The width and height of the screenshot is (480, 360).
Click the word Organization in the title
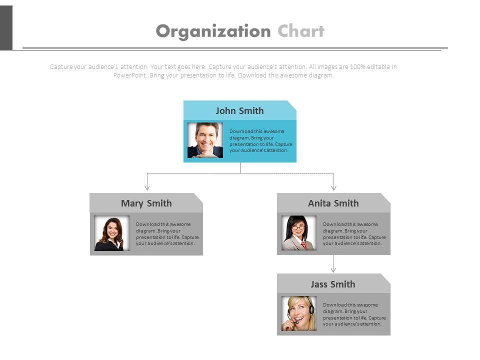213,31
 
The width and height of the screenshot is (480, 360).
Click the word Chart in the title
301,31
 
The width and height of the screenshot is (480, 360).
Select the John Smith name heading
239,110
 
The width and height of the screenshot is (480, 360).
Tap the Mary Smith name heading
146,203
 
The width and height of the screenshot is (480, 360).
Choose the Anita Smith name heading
333,203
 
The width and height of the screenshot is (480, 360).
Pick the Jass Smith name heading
333,284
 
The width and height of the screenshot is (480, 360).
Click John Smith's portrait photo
205,140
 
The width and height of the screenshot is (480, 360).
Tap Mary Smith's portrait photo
111,233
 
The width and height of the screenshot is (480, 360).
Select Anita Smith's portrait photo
299,233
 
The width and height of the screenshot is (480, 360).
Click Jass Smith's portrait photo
299,313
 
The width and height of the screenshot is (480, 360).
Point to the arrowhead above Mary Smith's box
147,188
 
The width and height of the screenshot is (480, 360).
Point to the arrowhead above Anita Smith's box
333,188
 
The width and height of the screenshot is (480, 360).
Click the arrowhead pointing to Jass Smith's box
333,269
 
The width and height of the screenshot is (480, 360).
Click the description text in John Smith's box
260,140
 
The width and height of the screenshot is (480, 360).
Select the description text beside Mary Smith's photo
167,233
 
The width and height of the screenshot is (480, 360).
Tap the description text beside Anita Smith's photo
354,233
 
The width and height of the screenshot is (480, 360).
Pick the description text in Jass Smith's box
354,314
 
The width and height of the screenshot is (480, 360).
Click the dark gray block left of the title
6,28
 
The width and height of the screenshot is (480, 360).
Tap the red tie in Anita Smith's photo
303,244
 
